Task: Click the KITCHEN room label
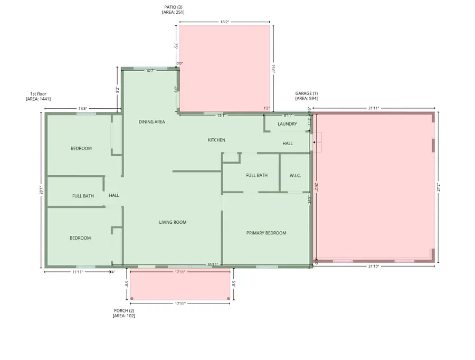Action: pos(216,140)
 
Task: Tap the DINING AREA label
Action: pos(152,122)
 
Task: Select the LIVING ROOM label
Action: pos(173,222)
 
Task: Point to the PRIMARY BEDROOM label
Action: pos(266,233)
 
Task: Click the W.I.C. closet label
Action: pos(295,175)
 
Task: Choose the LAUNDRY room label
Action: pos(287,124)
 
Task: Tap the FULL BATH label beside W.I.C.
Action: pos(256,175)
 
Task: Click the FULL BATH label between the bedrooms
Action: pos(83,196)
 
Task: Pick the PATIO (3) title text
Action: pos(173,7)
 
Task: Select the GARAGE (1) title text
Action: pos(306,93)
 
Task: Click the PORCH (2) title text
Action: pos(124,310)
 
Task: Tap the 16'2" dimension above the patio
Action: pos(224,22)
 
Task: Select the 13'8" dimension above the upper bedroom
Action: pos(82,109)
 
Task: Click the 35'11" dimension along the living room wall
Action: pos(213,264)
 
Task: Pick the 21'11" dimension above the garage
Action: pos(373,108)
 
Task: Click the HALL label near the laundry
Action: pos(288,143)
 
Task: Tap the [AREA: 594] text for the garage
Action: pos(306,99)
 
